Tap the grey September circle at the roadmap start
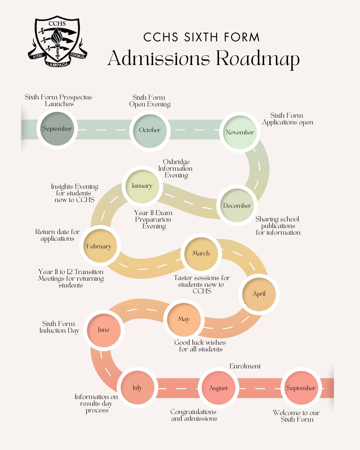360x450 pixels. pyautogui.click(x=57, y=129)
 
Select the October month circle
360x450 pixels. pyautogui.click(x=150, y=130)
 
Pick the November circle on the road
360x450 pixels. pyautogui.click(x=240, y=132)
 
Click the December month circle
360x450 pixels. pyautogui.click(x=237, y=206)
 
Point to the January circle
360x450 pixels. pyautogui.click(x=142, y=186)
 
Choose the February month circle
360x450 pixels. pyautogui.click(x=99, y=246)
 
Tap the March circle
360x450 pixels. pyautogui.click(x=201, y=253)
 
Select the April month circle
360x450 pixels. pyautogui.click(x=259, y=294)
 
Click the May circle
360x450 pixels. pyautogui.click(x=183, y=319)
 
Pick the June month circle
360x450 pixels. pyautogui.click(x=103, y=330)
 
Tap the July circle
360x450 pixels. pyautogui.click(x=137, y=388)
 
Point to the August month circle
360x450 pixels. pyautogui.click(x=218, y=388)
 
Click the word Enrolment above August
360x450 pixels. pyautogui.click(x=245, y=366)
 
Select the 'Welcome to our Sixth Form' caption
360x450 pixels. pyautogui.click(x=296, y=416)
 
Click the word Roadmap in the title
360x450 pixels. pyautogui.click(x=258, y=59)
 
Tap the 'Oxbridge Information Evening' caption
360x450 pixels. pyautogui.click(x=176, y=168)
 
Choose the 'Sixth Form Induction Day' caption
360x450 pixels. pyautogui.click(x=59, y=327)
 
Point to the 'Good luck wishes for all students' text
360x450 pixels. pyautogui.click(x=200, y=346)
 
